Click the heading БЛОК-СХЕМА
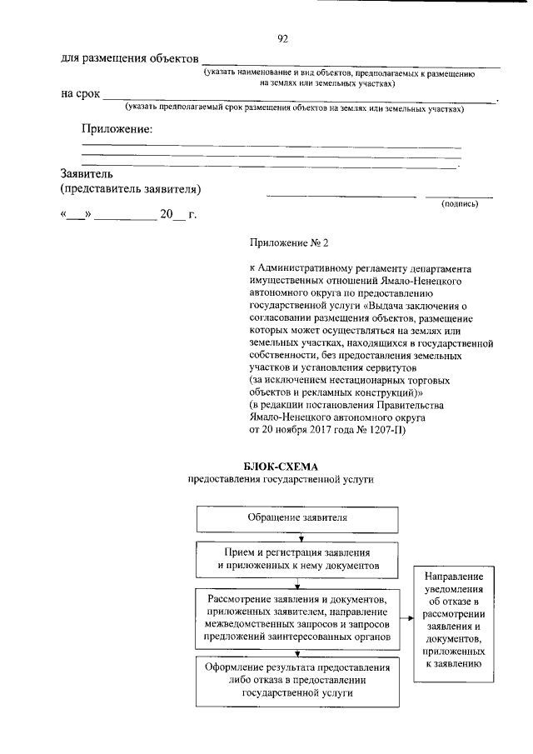[281, 466]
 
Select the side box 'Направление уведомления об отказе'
[453, 620]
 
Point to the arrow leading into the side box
[406, 618]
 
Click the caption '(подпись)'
[459, 203]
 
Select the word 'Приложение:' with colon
[117, 129]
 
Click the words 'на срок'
[80, 93]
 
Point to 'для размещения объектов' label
[130, 58]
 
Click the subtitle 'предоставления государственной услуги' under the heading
[281, 480]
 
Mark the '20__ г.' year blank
[178, 214]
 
